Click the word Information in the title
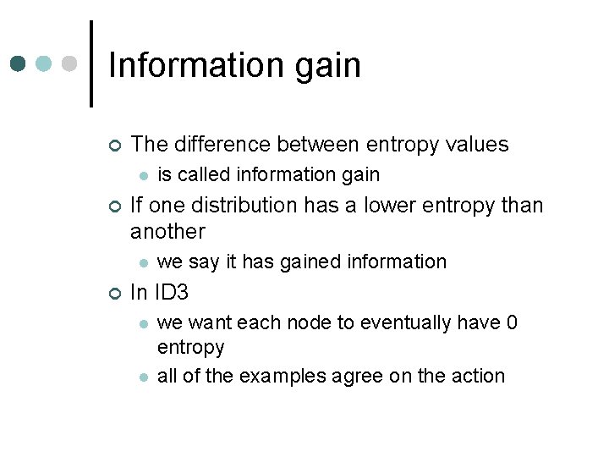200,65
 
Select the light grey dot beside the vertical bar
69,63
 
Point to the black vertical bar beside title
91,63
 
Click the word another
167,231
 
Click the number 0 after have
512,323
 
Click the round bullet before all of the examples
144,377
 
